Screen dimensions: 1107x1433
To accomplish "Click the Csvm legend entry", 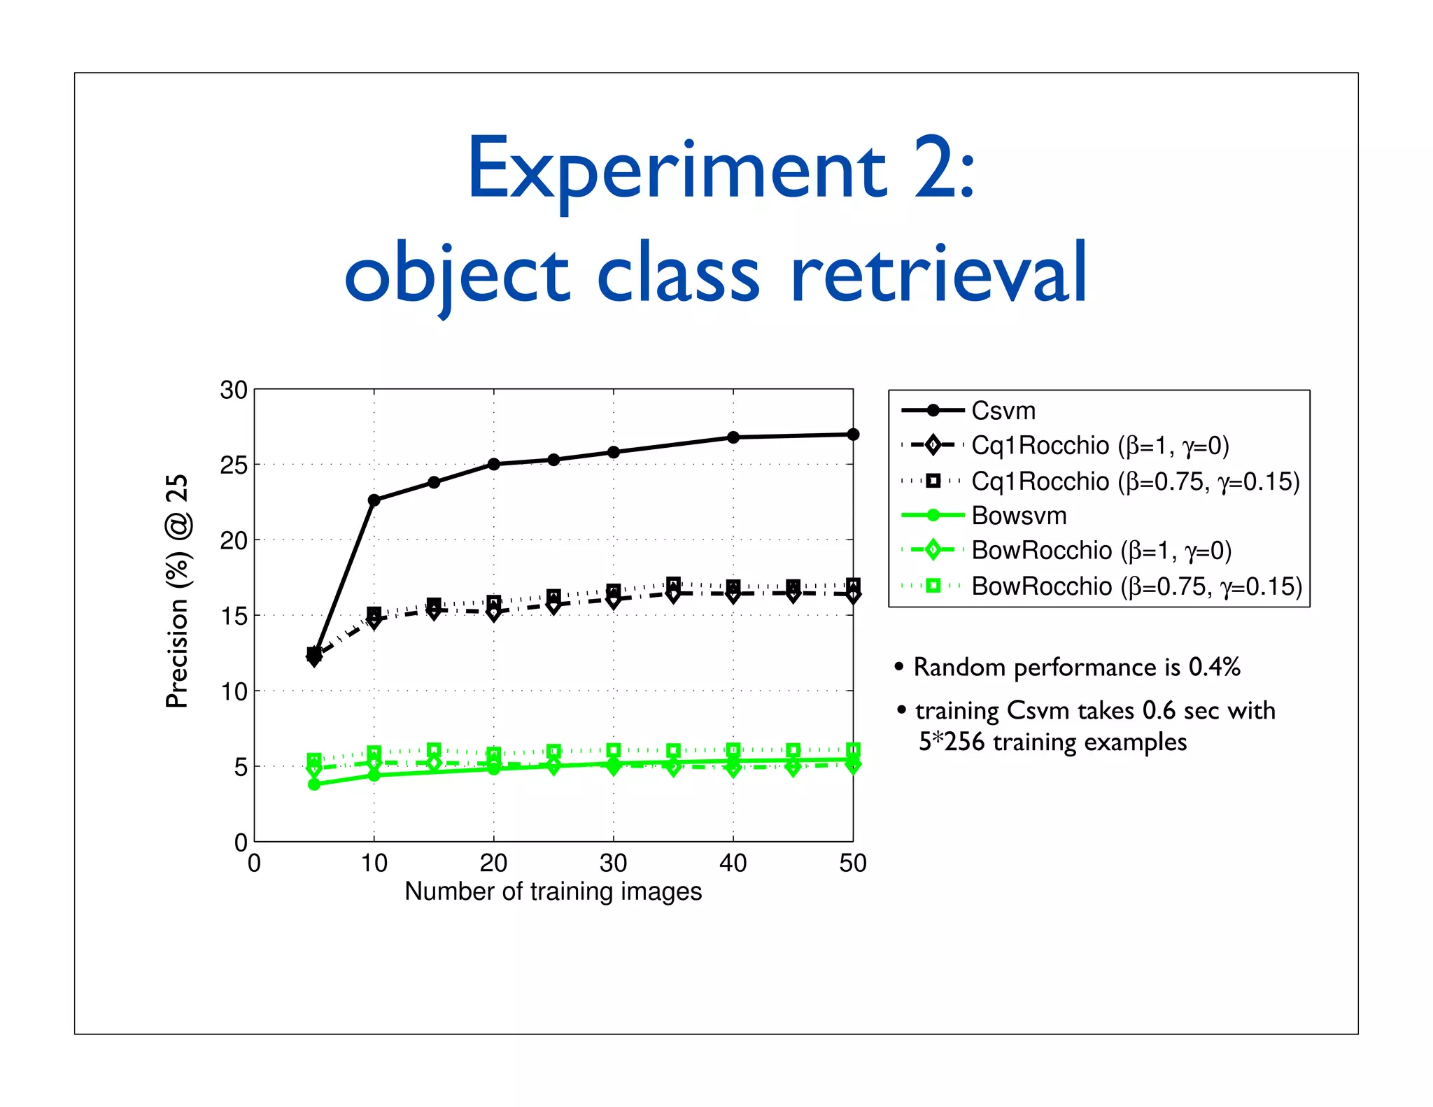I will click(1003, 411).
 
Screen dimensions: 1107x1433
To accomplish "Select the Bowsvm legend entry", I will click(1018, 516).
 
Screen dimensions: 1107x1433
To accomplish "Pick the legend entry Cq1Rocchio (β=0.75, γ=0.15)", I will click(1134, 481).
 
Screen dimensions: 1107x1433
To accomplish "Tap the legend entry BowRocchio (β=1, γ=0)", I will click(1101, 551).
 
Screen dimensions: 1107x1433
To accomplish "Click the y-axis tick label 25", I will click(234, 465).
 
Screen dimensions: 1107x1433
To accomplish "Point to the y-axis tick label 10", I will click(234, 692).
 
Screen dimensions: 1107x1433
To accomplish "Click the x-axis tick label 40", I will click(733, 863).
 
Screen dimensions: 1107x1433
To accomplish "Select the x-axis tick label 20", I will click(493, 863).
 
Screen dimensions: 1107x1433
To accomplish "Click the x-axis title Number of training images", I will click(553, 891).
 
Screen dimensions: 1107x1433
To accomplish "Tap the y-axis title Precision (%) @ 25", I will click(177, 591).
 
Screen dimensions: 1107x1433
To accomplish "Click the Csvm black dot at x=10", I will click(374, 500).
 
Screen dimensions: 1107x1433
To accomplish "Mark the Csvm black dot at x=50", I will click(853, 435).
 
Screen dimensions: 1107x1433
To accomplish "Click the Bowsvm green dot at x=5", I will click(314, 784).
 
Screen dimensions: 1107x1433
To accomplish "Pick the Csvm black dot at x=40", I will click(733, 437).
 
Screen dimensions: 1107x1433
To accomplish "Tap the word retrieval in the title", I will click(938, 274).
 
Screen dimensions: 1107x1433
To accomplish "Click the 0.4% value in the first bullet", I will click(1214, 667).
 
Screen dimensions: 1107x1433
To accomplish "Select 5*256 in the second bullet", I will click(952, 742).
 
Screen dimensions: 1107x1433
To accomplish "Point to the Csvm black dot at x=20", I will click(493, 464).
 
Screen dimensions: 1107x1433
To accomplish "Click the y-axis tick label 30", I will click(234, 390).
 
